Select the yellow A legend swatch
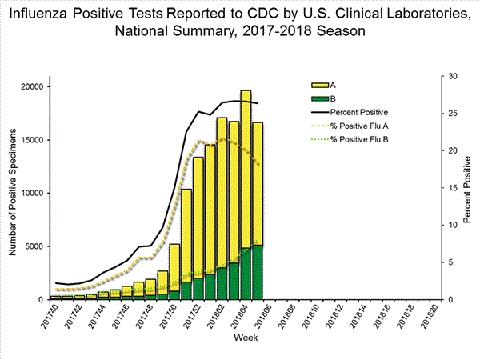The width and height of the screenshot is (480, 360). tap(319, 83)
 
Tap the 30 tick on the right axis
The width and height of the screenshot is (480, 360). tap(452, 76)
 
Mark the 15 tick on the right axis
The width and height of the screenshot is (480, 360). tap(452, 188)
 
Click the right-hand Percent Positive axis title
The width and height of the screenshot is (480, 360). tap(469, 189)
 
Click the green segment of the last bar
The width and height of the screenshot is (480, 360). tap(257, 272)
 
